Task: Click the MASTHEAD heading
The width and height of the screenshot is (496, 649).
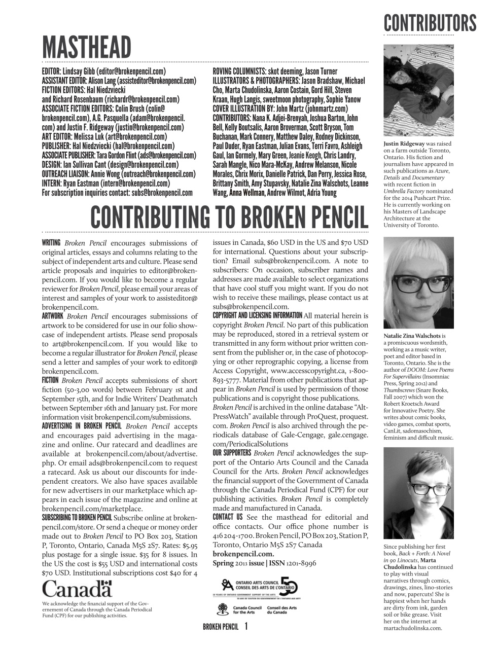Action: [x=86, y=48]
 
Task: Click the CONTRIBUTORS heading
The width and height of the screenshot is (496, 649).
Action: [x=430, y=23]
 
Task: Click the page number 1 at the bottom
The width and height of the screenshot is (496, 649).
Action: [x=246, y=627]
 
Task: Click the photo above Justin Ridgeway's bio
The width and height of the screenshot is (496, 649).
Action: [x=418, y=90]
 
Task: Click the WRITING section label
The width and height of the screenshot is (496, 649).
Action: [x=51, y=242]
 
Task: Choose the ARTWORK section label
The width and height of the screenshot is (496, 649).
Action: [x=52, y=316]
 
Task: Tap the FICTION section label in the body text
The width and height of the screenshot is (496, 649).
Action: [x=50, y=380]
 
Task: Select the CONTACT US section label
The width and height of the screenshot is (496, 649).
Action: [x=228, y=517]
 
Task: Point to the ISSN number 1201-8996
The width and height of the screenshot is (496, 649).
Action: [x=301, y=563]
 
